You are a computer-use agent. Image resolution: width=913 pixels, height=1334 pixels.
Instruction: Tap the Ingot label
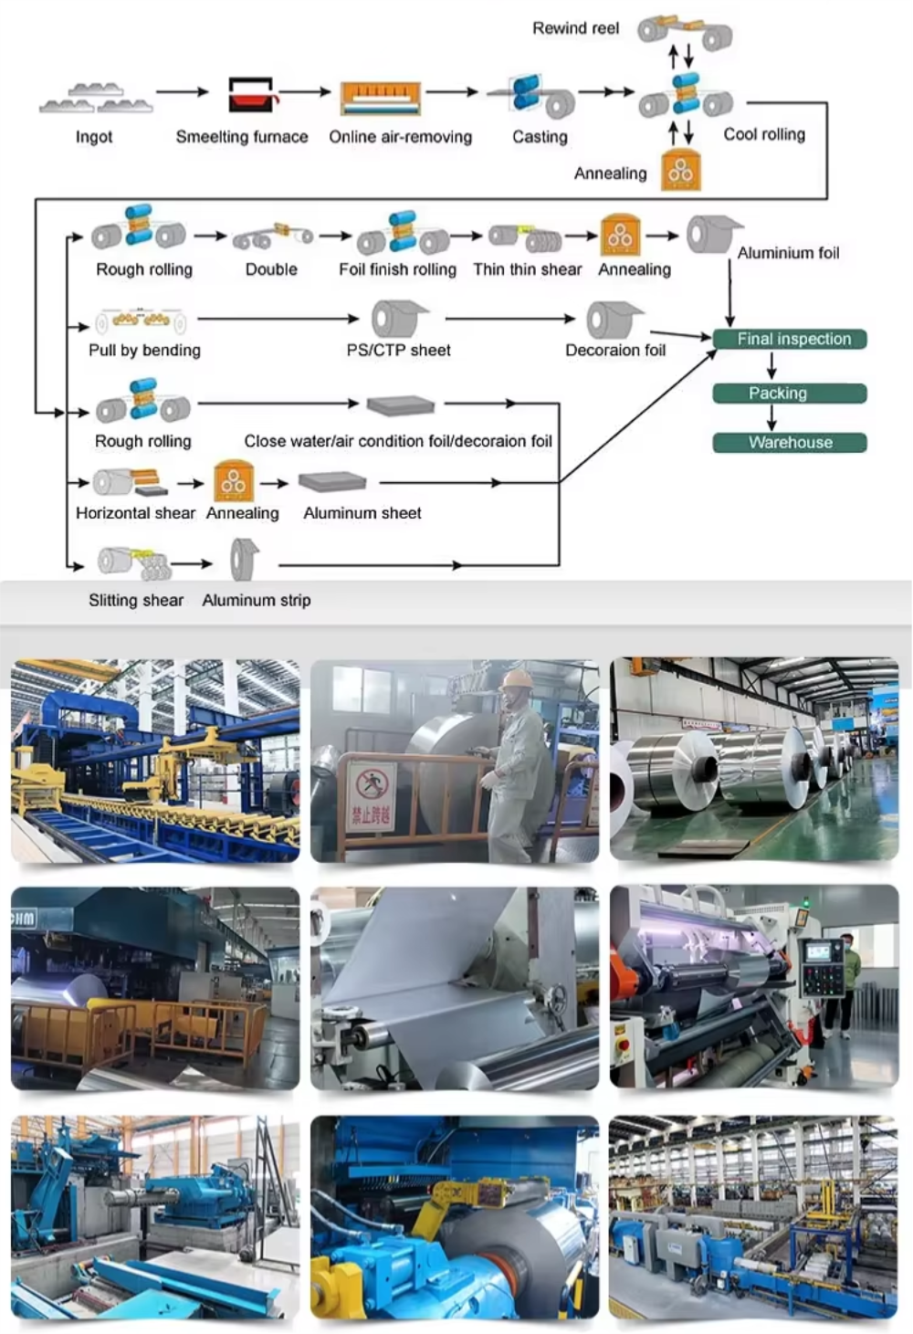pos(94,137)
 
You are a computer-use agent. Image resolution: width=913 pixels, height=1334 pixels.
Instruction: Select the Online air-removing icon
pos(381,97)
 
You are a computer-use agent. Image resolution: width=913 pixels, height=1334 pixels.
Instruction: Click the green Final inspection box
pos(789,339)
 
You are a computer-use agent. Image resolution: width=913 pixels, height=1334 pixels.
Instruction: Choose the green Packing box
pos(789,394)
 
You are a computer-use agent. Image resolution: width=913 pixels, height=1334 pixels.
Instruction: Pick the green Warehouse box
pos(789,443)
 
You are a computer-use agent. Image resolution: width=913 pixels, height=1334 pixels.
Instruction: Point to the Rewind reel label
pos(575,28)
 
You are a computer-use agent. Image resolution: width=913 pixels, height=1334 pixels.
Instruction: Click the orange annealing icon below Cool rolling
pos(681,171)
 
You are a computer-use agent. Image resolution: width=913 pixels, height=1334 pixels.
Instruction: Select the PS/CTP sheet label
pos(398,350)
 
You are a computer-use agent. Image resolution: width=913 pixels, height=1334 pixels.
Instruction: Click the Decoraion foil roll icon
pos(612,320)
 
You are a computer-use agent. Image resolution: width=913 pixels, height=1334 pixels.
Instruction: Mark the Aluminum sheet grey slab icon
pos(332,481)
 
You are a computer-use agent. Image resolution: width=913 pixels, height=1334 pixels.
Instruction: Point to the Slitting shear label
pos(136,600)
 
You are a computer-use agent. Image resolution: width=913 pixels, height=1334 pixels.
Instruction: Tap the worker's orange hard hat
pos(516,680)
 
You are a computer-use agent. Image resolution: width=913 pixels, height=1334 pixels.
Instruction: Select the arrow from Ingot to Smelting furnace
pos(182,92)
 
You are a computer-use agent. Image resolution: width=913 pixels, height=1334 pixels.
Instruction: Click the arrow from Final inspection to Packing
pos(771,366)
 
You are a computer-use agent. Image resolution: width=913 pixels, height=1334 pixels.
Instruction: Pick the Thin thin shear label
pos(527,269)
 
